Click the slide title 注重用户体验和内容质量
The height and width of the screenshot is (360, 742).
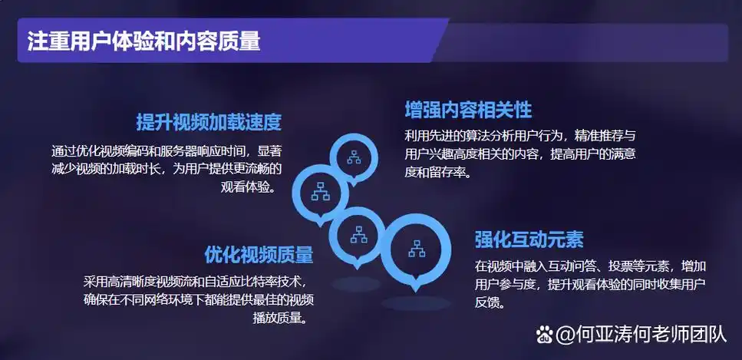(x=143, y=41)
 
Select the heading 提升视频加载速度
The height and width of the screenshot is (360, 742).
(x=209, y=122)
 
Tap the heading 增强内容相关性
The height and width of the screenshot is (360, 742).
(x=468, y=110)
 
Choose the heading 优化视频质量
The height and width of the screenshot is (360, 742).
(x=259, y=255)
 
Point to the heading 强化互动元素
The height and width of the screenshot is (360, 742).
(x=529, y=239)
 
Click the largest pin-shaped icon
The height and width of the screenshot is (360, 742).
(x=417, y=249)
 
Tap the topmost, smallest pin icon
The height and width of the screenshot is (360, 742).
(x=355, y=158)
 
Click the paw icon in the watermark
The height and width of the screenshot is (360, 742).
(x=545, y=334)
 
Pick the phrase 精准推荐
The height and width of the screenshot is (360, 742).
(x=586, y=136)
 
